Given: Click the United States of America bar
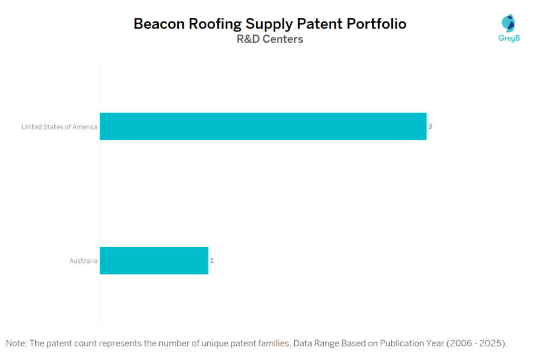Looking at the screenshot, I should tap(263, 127).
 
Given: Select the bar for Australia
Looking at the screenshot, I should tap(154, 260).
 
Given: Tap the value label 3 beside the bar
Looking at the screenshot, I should tap(430, 127).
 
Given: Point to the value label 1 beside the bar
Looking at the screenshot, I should tap(211, 260).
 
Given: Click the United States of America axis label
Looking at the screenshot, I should tap(59, 127).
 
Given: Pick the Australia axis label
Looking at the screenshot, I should tap(83, 261).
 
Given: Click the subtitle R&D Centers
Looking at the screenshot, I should tap(270, 39).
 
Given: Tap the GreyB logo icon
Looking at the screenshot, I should tap(509, 24).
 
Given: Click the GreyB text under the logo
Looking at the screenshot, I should tap(509, 38).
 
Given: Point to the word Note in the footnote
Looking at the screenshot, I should tap(16, 344).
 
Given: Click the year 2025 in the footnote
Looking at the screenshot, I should tap(491, 344).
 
